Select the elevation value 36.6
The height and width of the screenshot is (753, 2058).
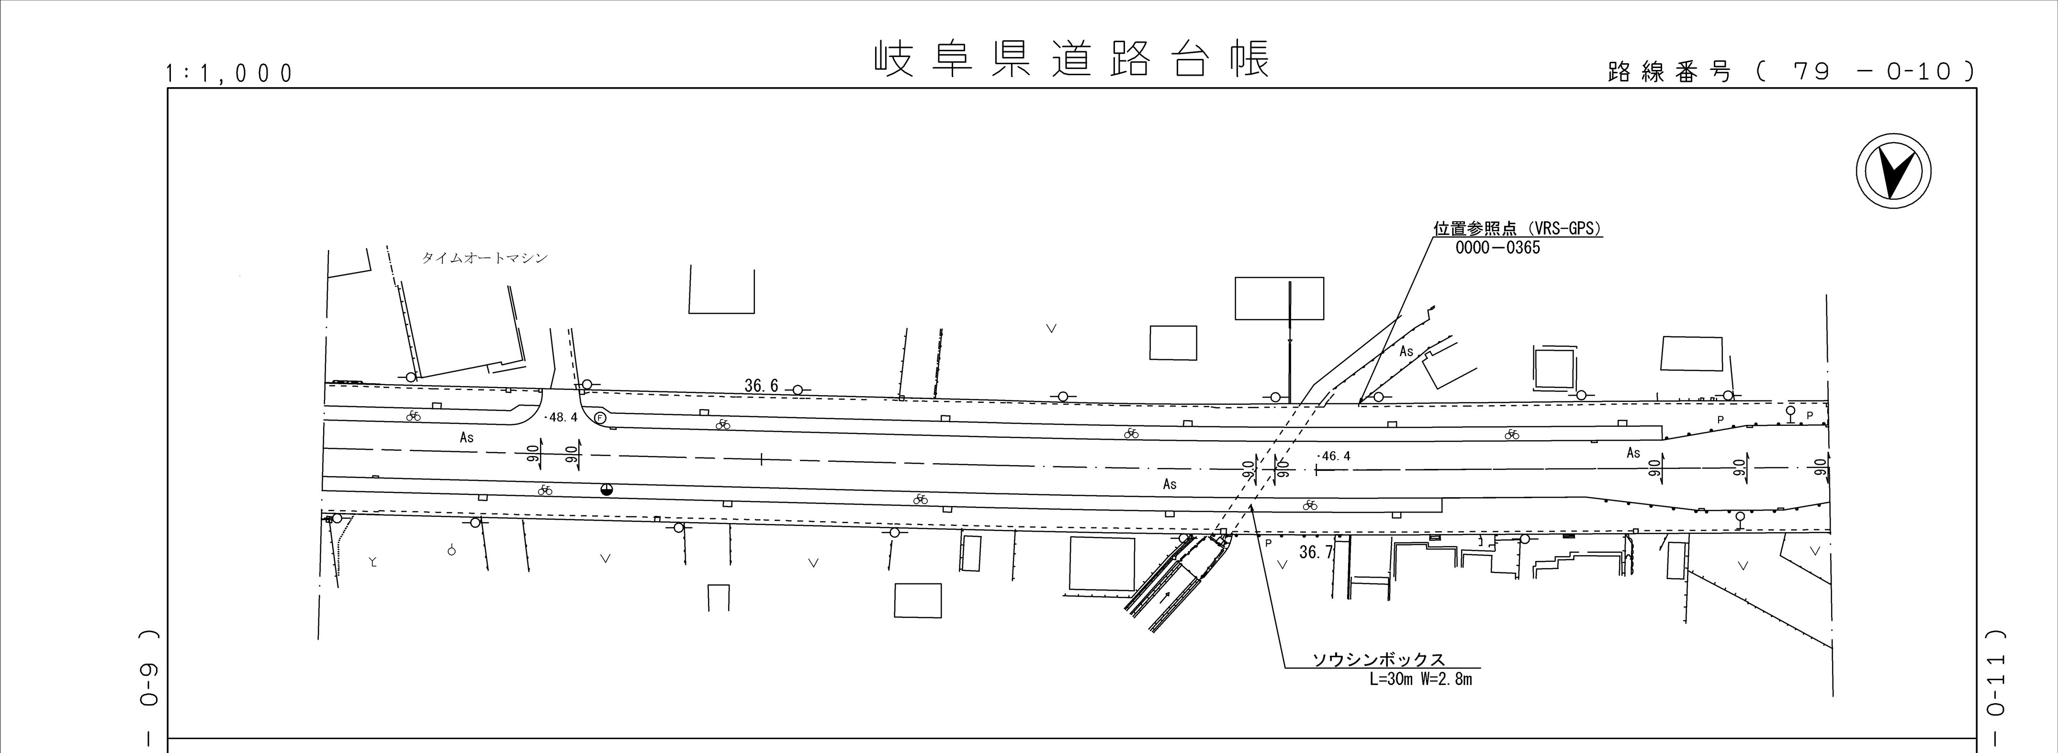tap(761, 386)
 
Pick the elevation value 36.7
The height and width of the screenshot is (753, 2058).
tap(1316, 551)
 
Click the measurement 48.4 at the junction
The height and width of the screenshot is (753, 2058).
tap(561, 417)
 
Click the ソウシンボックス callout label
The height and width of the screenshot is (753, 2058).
tap(1379, 660)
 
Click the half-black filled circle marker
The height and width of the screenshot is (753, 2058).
tap(607, 489)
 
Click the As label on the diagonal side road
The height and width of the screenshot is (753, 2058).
tap(1406, 352)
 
